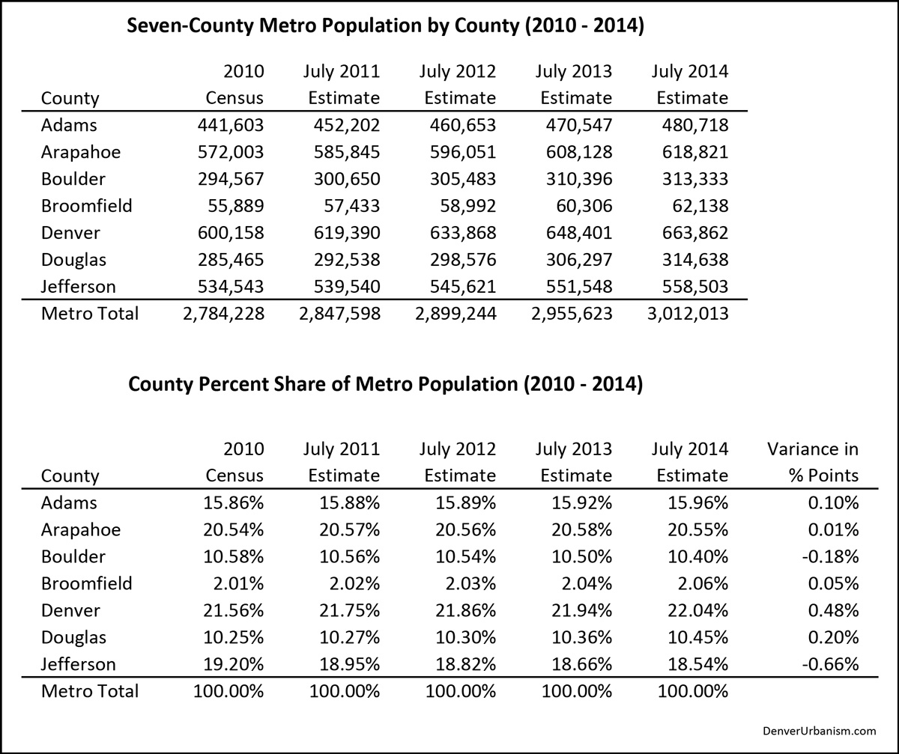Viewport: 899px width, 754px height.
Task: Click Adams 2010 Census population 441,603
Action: [x=230, y=125]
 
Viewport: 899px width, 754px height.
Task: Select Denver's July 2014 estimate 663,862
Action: [x=695, y=233]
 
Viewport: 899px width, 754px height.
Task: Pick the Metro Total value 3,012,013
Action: [x=688, y=314]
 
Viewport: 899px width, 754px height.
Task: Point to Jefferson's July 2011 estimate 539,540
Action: [x=347, y=287]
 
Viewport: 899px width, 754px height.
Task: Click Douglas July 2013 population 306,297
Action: [x=579, y=260]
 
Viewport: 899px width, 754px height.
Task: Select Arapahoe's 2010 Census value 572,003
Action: [x=230, y=152]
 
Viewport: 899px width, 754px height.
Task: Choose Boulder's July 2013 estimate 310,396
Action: [x=579, y=179]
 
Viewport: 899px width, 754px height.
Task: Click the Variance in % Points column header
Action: [x=813, y=462]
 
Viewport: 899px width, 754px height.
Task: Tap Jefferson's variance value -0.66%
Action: [x=830, y=664]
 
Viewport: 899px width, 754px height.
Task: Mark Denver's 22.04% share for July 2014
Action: [x=698, y=610]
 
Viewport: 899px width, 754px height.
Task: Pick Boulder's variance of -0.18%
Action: [x=830, y=556]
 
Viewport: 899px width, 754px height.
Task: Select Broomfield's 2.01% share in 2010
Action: [x=238, y=583]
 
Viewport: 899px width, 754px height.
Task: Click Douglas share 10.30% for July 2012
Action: [x=465, y=637]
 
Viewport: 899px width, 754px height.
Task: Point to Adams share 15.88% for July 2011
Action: [x=349, y=502]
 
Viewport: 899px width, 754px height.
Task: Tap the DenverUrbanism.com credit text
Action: [x=820, y=731]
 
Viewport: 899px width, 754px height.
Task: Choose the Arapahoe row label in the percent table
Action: [x=81, y=530]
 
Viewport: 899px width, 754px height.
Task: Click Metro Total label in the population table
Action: [x=90, y=314]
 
